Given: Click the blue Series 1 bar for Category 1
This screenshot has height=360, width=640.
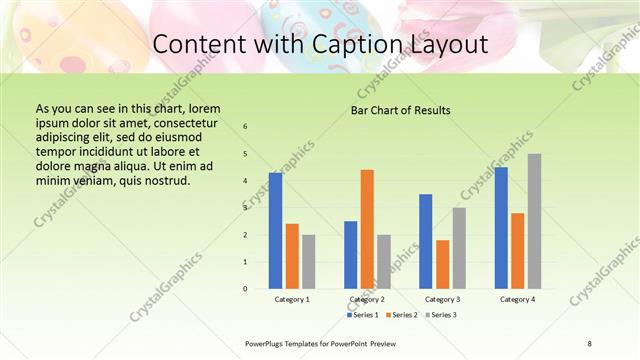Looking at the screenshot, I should pyautogui.click(x=275, y=231).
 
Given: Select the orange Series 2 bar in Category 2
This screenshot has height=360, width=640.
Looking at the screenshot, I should pyautogui.click(x=367, y=229).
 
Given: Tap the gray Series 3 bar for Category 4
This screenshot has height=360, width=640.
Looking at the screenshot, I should pyautogui.click(x=534, y=221).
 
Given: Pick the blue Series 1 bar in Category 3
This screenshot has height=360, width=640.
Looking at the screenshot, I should pyautogui.click(x=425, y=241).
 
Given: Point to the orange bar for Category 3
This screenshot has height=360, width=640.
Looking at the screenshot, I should pyautogui.click(x=442, y=264).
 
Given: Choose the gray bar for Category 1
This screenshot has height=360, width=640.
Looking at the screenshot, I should pyautogui.click(x=308, y=261).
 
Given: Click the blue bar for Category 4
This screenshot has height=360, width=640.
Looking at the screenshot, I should pyautogui.click(x=500, y=227).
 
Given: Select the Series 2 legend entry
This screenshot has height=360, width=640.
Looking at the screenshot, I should pyautogui.click(x=401, y=315).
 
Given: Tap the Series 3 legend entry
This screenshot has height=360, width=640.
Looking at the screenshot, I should pyautogui.click(x=439, y=315).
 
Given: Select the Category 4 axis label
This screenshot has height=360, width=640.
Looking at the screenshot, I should pyautogui.click(x=517, y=299).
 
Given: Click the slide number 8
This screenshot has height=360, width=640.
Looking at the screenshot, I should pyautogui.click(x=590, y=343).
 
